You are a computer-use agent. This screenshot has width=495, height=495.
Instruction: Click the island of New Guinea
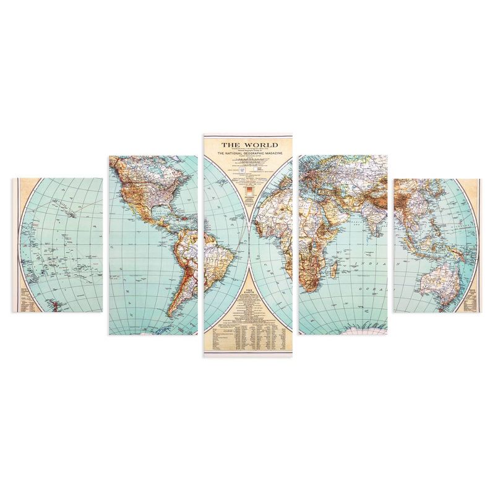click(455, 252)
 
